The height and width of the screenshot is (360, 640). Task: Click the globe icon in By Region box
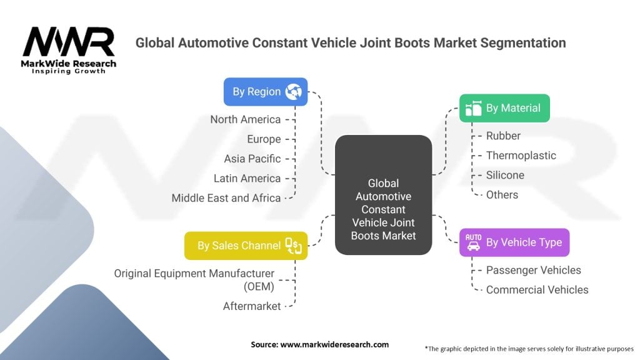[x=294, y=91]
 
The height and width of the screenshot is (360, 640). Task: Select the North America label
[x=245, y=119]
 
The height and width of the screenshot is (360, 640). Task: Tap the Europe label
[x=264, y=139]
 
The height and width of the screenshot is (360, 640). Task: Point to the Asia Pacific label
[x=252, y=159]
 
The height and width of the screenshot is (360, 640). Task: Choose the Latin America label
[x=247, y=178]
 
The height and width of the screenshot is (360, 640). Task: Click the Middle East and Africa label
[x=226, y=198]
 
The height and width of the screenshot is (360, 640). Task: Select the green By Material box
[x=504, y=108]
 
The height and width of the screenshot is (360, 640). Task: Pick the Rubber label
[x=503, y=136]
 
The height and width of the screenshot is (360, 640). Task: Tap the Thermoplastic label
[x=521, y=156]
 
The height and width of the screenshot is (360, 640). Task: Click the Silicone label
[x=505, y=175]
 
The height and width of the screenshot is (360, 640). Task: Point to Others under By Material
[x=502, y=195]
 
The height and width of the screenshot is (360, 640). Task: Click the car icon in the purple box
[x=474, y=242]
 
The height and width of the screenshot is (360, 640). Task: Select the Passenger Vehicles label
[x=534, y=270]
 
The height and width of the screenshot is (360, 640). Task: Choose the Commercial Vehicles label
[x=537, y=290]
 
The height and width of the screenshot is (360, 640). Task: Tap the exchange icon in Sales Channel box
[x=294, y=246]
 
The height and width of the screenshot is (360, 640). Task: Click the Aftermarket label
[x=252, y=306]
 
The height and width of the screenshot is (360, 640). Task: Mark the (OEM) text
[x=259, y=286]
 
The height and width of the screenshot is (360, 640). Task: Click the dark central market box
[x=383, y=195]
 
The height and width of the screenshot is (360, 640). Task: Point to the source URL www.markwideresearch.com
[x=334, y=344]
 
